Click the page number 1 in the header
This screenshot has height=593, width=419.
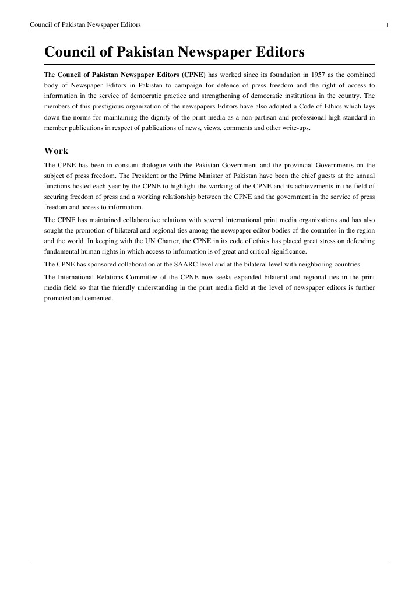coord(387,24)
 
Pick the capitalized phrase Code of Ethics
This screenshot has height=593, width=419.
coord(322,107)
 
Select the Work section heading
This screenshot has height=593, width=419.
coord(57,150)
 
